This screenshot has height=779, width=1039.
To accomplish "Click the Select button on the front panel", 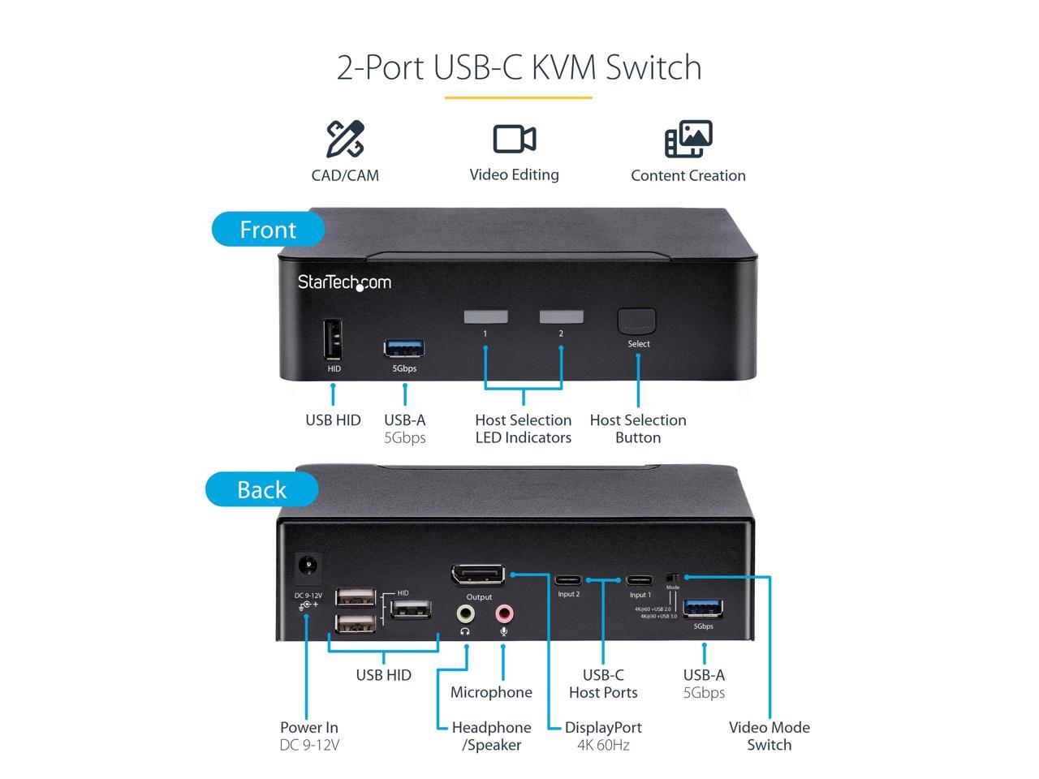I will click(x=636, y=321).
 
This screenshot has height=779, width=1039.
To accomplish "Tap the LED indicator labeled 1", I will click(x=485, y=316).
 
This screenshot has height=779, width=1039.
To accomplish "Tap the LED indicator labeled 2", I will click(x=561, y=316).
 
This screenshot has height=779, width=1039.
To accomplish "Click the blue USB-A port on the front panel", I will click(x=404, y=349).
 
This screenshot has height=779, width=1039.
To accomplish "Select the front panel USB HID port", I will click(x=333, y=339).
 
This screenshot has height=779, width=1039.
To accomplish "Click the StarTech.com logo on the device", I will click(x=344, y=282).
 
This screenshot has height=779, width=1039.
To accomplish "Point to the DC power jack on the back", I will click(x=307, y=567).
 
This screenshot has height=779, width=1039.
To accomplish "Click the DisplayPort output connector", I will click(x=478, y=575).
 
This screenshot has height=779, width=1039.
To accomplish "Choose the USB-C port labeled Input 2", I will click(x=568, y=580).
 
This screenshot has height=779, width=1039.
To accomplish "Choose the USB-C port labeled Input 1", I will click(x=640, y=580).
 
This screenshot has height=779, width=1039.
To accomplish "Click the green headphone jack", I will click(x=465, y=613).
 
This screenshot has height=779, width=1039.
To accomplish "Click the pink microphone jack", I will click(x=503, y=613).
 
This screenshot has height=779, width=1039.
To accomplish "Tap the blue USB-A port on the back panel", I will click(x=703, y=608).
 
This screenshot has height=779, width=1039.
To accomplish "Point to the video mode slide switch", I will click(x=672, y=577).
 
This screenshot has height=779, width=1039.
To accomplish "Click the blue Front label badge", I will click(x=268, y=230).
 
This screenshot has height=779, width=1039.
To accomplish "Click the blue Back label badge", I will click(x=261, y=489).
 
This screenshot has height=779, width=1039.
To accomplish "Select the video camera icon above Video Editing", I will click(x=514, y=140).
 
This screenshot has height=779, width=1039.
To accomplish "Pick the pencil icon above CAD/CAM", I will click(x=345, y=139).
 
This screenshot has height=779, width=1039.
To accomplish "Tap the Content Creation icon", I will click(x=688, y=139).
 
